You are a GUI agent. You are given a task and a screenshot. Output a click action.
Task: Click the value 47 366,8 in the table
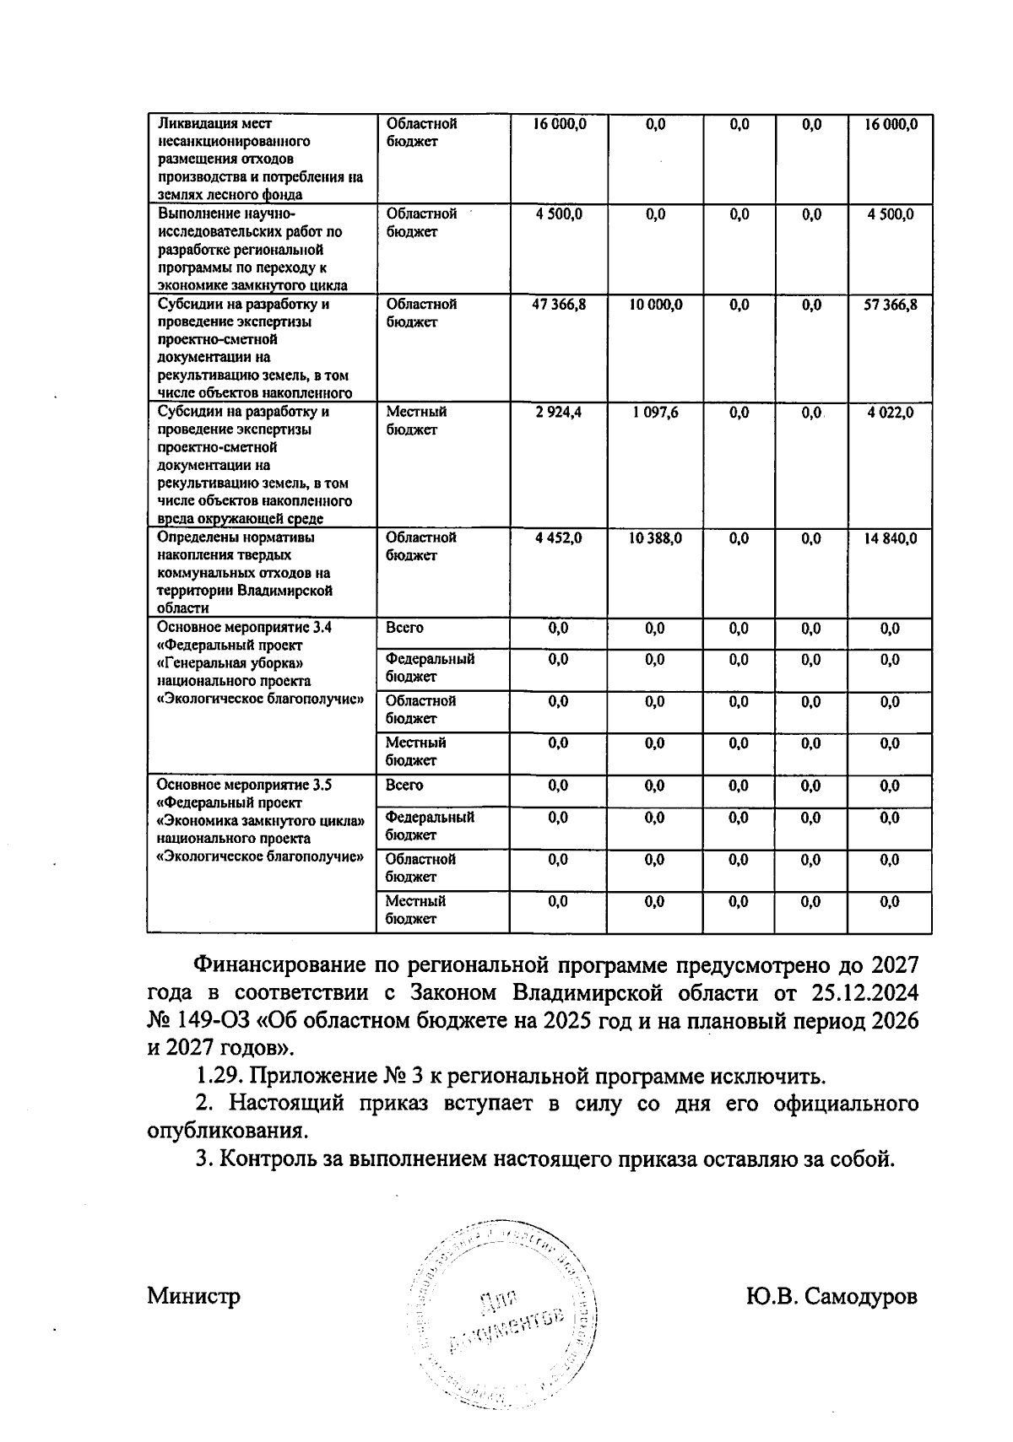[x=558, y=305]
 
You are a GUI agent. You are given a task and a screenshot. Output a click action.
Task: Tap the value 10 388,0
[x=655, y=538]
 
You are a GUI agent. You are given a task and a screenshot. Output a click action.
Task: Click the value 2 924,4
[x=558, y=413]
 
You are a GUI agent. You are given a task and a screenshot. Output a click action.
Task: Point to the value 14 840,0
[x=890, y=538]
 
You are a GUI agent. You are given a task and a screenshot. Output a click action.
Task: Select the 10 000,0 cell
[x=655, y=305]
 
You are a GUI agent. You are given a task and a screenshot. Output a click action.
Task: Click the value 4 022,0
[x=890, y=413]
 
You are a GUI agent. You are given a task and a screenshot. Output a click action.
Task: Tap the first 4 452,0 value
[x=558, y=538]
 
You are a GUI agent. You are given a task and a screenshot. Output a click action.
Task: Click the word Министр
[x=193, y=1296]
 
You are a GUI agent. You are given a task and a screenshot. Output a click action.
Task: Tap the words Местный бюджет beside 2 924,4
[x=416, y=420]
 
